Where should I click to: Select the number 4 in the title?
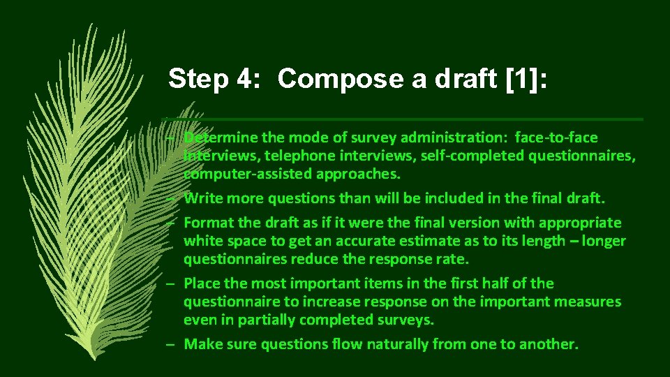click(x=247, y=79)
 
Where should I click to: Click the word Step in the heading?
click(x=198, y=79)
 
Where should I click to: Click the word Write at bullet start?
click(x=203, y=198)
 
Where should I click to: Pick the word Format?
click(x=207, y=223)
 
